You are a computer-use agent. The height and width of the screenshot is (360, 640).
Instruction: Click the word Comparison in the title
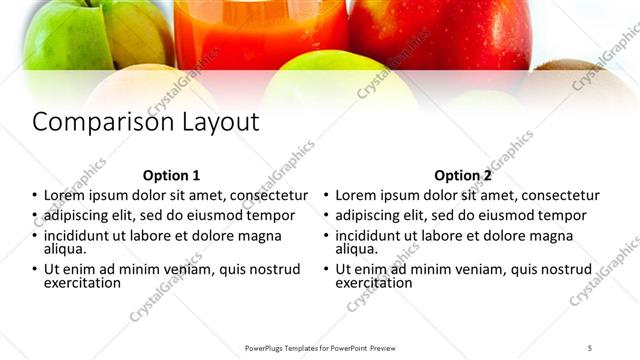89,123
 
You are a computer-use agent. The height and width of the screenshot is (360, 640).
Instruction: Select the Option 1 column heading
171,174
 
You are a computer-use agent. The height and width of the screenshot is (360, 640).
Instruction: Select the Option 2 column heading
463,174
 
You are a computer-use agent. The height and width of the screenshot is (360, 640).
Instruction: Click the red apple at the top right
440,30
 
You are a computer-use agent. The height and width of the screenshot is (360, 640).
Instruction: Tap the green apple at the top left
65,35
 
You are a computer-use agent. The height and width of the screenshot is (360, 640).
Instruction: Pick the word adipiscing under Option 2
369,216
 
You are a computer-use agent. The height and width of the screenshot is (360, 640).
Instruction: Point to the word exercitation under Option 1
82,283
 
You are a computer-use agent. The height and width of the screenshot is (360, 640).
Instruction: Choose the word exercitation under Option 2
374,283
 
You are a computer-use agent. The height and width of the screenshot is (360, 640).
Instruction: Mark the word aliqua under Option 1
64,249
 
